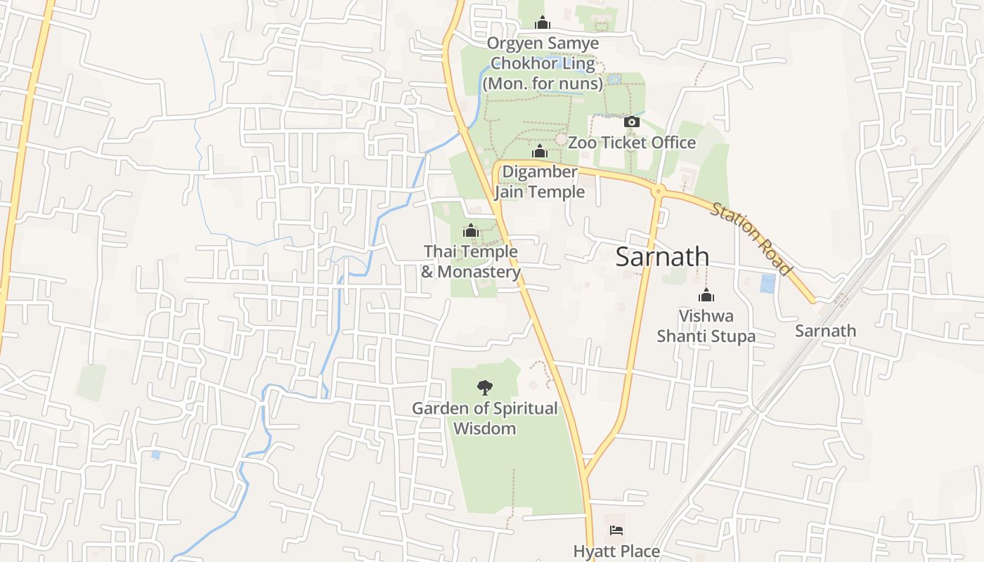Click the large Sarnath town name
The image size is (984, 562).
pyautogui.click(x=662, y=257)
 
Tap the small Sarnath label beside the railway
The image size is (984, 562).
pyautogui.click(x=825, y=331)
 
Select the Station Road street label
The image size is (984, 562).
pyautogui.click(x=751, y=239)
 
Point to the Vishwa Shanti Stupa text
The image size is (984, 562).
pyautogui.click(x=706, y=326)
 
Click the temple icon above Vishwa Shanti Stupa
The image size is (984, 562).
pyautogui.click(x=706, y=296)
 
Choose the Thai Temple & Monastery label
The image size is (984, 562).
pyautogui.click(x=471, y=261)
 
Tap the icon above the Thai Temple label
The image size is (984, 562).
pyautogui.click(x=471, y=231)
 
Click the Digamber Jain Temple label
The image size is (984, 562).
pyautogui.click(x=539, y=182)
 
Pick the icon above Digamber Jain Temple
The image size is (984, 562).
pyautogui.click(x=539, y=152)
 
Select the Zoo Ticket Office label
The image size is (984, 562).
pyautogui.click(x=631, y=143)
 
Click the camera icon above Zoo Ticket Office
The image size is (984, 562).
pyautogui.click(x=631, y=122)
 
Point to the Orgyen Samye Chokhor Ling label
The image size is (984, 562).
pyautogui.click(x=543, y=63)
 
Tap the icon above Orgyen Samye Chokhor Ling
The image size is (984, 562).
pyautogui.click(x=542, y=23)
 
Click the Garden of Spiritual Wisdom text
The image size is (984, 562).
pyautogui.click(x=484, y=418)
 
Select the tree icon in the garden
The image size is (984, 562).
pyautogui.click(x=484, y=386)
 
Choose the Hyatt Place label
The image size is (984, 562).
pyautogui.click(x=616, y=551)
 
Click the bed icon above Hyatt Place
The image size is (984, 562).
pyautogui.click(x=616, y=530)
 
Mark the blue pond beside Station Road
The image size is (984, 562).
pyautogui.click(x=768, y=284)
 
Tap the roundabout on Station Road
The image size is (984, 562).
pyautogui.click(x=659, y=190)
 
